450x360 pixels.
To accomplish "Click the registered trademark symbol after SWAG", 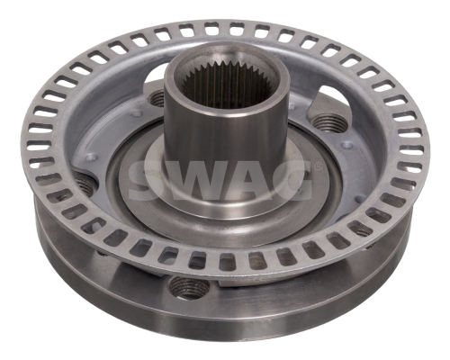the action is (319, 166).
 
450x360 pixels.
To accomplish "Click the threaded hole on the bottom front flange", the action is (188, 287).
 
